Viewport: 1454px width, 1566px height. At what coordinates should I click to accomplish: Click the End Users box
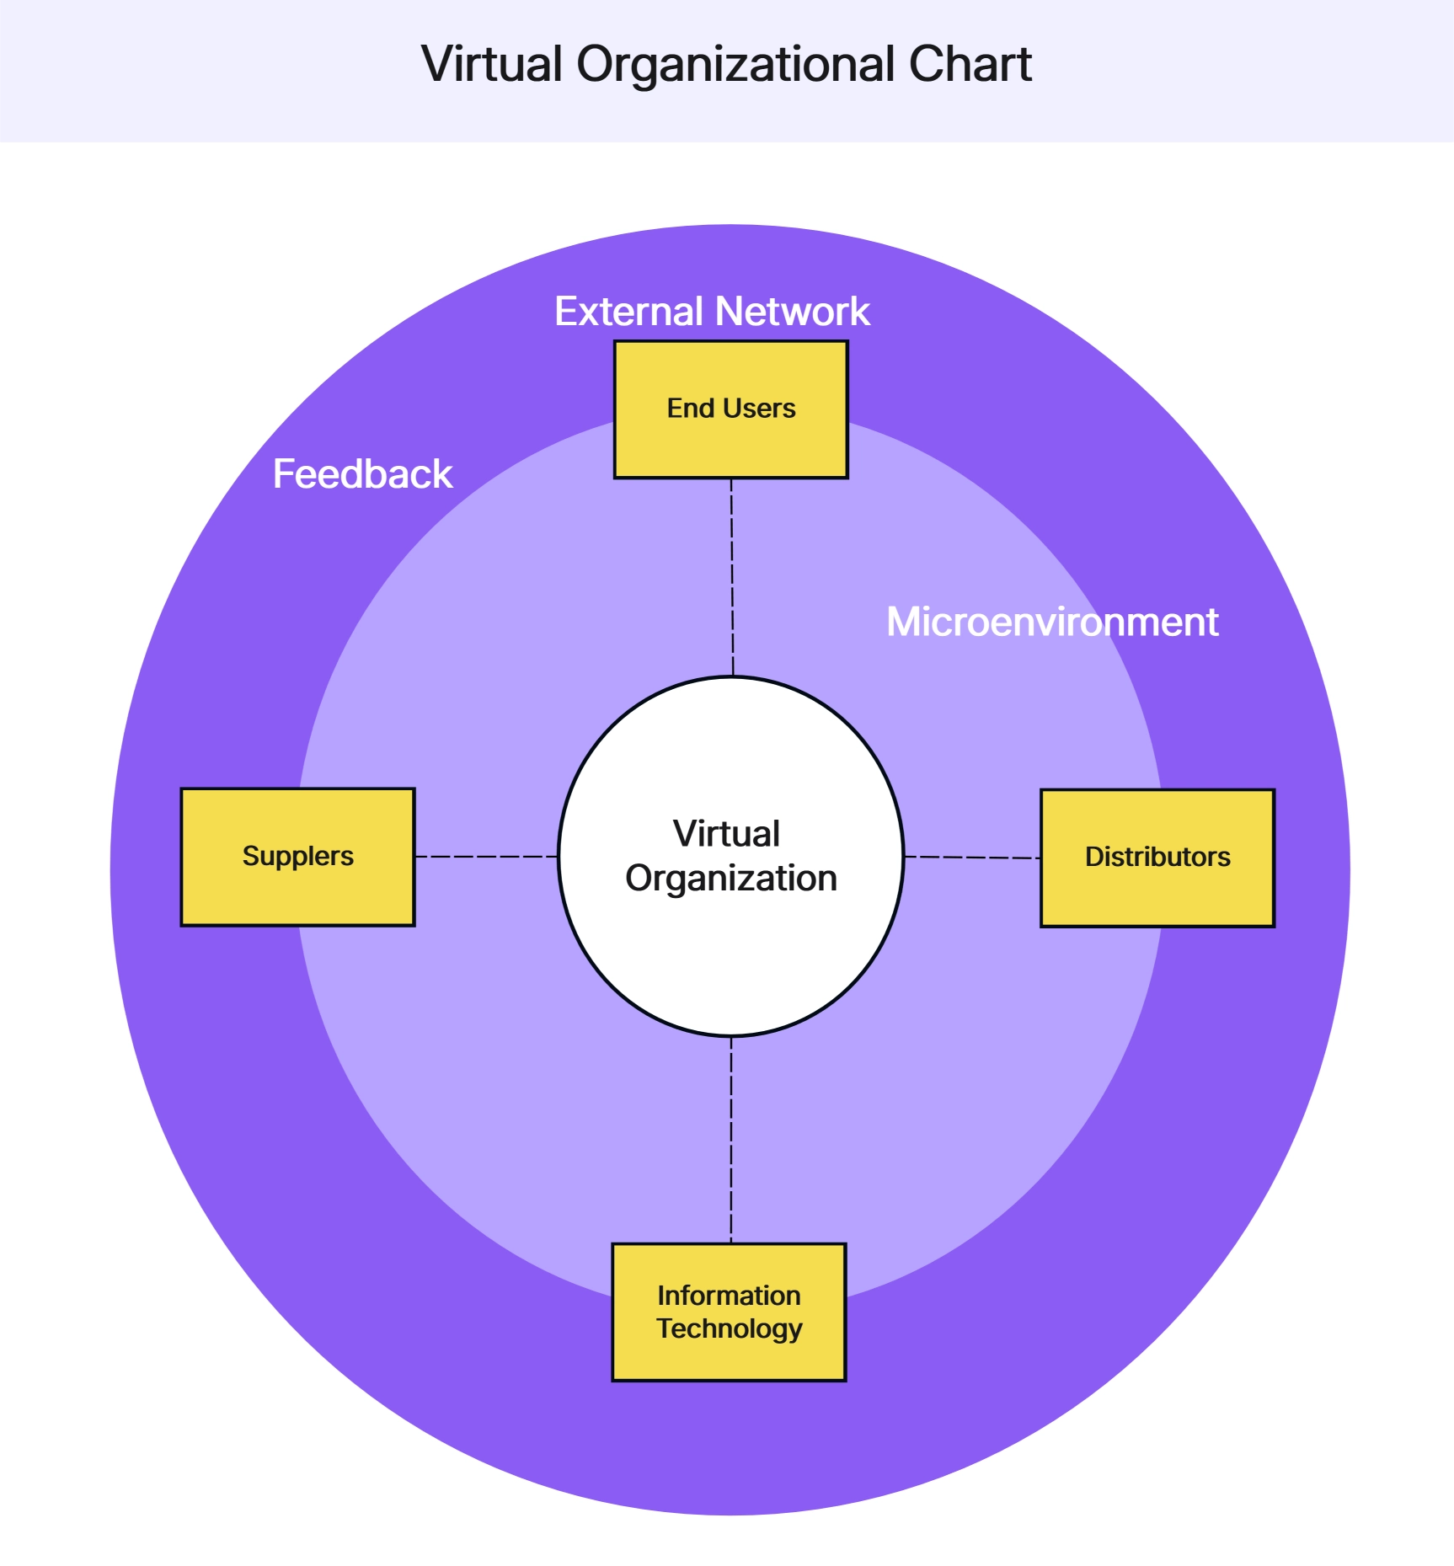[730, 409]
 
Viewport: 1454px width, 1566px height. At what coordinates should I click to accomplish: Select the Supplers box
[297, 857]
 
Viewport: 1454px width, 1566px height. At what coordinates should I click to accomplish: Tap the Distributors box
[1157, 858]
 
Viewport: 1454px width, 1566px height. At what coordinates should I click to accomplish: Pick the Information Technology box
[729, 1312]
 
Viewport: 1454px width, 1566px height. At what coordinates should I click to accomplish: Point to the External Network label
[712, 312]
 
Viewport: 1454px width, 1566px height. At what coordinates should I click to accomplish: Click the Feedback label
[362, 474]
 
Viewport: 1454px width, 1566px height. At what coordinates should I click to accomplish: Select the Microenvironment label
[1052, 623]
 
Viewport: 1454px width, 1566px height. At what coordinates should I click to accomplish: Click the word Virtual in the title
[492, 64]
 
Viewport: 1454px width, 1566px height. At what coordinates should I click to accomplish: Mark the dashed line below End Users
[732, 577]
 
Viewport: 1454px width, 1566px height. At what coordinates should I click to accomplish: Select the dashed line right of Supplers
[486, 857]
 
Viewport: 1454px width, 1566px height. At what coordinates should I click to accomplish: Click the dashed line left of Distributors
[972, 858]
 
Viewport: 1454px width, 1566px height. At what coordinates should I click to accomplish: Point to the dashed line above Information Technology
[730, 1140]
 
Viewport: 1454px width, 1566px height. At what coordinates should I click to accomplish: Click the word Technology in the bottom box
[730, 1328]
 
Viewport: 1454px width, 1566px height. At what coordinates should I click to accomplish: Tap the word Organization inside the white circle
[730, 879]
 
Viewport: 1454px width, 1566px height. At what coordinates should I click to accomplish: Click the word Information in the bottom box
[729, 1295]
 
